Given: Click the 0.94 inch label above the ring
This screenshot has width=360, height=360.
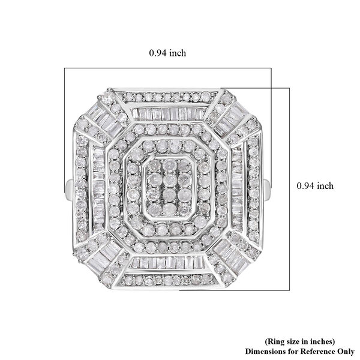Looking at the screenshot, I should [167, 53].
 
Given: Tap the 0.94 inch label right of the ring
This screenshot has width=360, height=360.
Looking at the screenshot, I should [315, 186].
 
